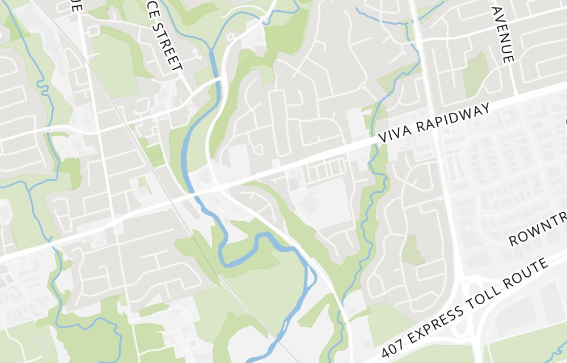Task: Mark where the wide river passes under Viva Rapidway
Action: (193, 193)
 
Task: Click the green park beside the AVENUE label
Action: (475, 74)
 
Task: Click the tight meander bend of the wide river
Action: (227, 258)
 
